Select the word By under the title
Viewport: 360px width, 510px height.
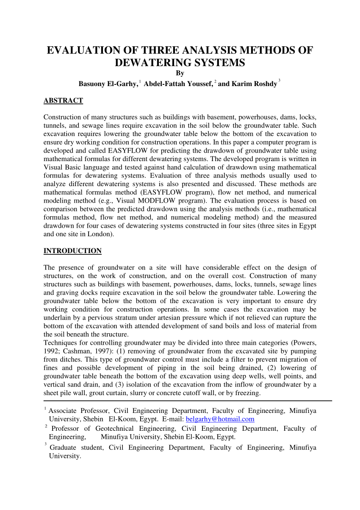click(180, 73)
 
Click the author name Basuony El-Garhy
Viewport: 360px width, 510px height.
click(108, 84)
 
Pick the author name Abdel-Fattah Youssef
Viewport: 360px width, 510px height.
click(178, 84)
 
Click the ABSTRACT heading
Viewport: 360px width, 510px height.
click(63, 100)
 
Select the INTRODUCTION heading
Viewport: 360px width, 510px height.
click(72, 251)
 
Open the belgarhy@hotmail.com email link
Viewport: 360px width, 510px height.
click(220, 419)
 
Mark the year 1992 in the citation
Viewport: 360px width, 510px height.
click(51, 351)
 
